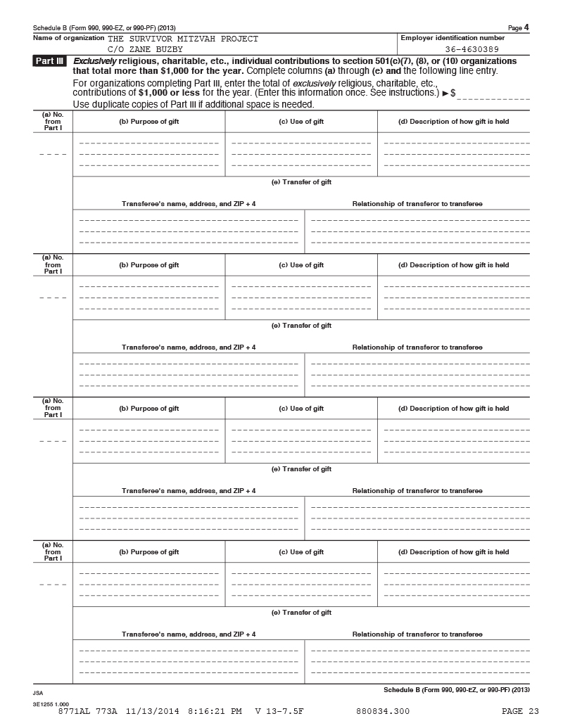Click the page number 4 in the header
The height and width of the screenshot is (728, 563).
pos(526,27)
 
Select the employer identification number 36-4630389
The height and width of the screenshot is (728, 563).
pos(472,49)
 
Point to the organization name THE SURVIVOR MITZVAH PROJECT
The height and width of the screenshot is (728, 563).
pos(183,39)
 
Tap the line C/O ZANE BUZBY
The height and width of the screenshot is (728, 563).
pos(145,49)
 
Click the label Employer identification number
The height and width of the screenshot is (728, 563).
pos(453,37)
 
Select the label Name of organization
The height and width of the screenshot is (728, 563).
pos(69,37)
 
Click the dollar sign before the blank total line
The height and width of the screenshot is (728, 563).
pos(453,93)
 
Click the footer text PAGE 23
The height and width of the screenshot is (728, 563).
pos(520,711)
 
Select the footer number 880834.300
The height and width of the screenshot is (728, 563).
pos(383,711)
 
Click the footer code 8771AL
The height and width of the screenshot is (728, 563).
pos(72,711)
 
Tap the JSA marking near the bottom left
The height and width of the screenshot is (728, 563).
pos(38,693)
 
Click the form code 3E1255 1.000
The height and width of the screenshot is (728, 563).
pos(50,703)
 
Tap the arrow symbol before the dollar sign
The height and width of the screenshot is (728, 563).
pos(445,93)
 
